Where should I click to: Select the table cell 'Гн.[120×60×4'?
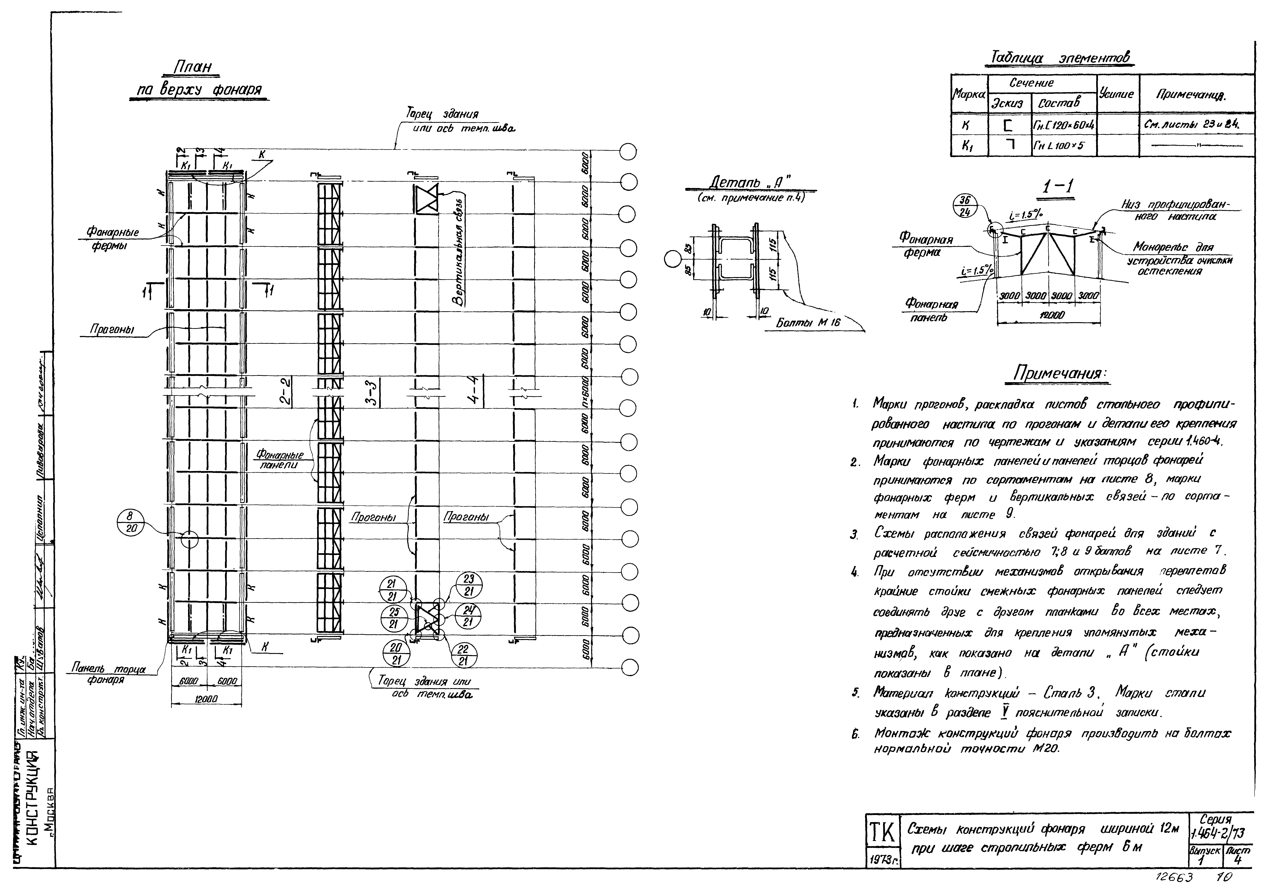(1063, 126)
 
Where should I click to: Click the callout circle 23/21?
(469, 585)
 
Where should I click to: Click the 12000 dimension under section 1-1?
(1048, 315)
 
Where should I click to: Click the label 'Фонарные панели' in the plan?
(279, 460)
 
